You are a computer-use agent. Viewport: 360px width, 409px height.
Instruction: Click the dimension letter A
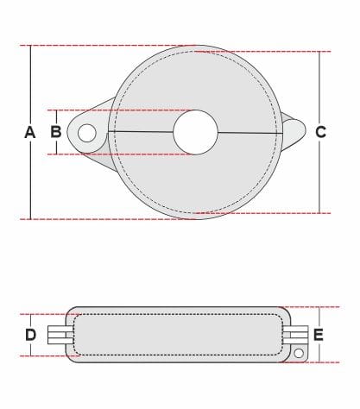tap(30, 132)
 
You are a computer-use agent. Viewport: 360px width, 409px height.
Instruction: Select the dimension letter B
tap(56, 132)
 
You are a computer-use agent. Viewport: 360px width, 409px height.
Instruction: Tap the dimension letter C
tap(320, 132)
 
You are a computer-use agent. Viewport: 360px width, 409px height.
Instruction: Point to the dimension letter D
tap(31, 335)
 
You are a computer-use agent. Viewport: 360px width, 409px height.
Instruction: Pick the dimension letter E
tap(319, 335)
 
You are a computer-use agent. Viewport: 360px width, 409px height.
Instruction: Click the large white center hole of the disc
tap(196, 132)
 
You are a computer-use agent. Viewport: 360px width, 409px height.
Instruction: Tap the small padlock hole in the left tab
tap(86, 133)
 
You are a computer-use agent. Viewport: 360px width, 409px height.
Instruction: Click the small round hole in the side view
tap(299, 353)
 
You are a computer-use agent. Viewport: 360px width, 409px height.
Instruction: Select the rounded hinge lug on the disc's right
tap(294, 131)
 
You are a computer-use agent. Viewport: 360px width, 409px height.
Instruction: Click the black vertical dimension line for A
tap(31, 132)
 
